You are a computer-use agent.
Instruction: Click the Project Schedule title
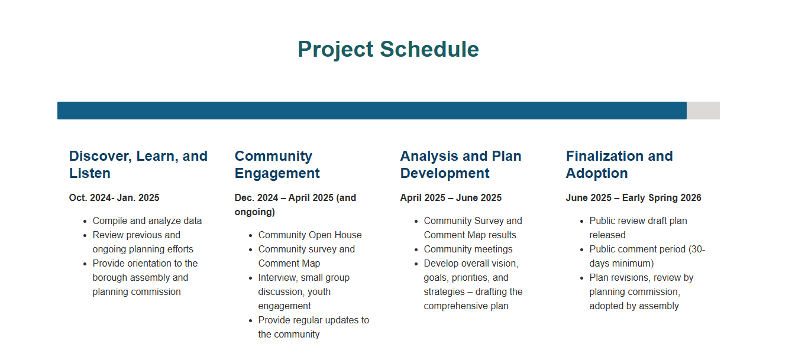pyautogui.click(x=388, y=49)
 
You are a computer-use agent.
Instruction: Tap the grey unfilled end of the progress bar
pyautogui.click(x=703, y=111)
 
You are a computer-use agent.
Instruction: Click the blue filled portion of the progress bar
pyautogui.click(x=371, y=111)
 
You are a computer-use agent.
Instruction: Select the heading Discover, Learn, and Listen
pyautogui.click(x=138, y=164)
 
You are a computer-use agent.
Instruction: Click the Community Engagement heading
pyautogui.click(x=277, y=164)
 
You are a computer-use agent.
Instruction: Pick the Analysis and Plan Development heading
pyautogui.click(x=460, y=164)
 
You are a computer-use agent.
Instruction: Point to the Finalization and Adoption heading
pyautogui.click(x=619, y=164)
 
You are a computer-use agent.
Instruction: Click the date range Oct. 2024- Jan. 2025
pyautogui.click(x=114, y=197)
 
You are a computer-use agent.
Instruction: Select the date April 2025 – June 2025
pyautogui.click(x=451, y=197)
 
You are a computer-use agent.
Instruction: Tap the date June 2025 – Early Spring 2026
pyautogui.click(x=633, y=197)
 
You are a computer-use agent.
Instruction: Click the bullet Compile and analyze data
pyautogui.click(x=147, y=220)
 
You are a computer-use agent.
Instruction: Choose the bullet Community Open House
pyautogui.click(x=309, y=235)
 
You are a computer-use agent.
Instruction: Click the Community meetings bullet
pyautogui.click(x=468, y=249)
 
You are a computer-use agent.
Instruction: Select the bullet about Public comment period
pyautogui.click(x=646, y=256)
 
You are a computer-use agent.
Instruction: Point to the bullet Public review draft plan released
pyautogui.click(x=638, y=228)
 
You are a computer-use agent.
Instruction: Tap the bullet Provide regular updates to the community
pyautogui.click(x=313, y=327)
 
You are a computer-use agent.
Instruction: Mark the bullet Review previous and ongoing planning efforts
pyautogui.click(x=143, y=242)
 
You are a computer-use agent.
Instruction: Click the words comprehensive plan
pyautogui.click(x=465, y=306)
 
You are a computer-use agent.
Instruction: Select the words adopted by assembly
pyautogui.click(x=633, y=306)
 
